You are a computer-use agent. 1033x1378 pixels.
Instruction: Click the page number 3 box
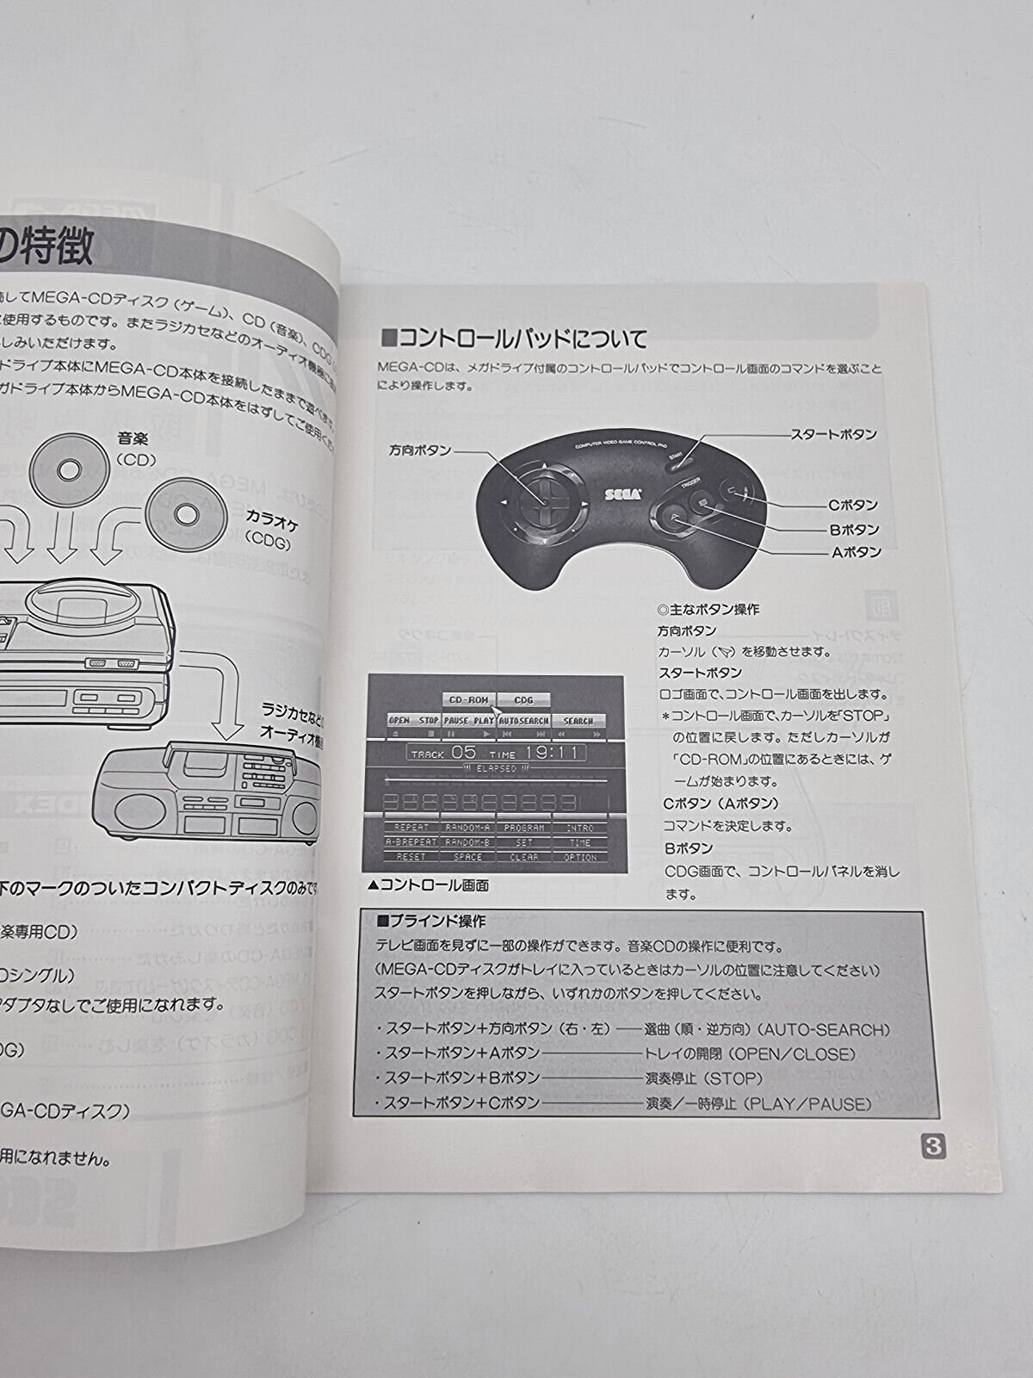click(x=934, y=1148)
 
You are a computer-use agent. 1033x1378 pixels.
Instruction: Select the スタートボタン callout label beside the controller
click(x=834, y=435)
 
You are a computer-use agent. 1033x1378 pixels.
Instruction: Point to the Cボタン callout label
click(x=854, y=505)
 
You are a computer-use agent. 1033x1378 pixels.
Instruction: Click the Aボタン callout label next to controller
click(x=856, y=552)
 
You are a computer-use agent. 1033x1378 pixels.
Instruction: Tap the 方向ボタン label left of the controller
click(x=420, y=450)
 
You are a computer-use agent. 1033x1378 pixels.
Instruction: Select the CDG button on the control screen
click(x=523, y=700)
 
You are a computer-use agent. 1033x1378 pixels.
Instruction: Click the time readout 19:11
click(x=553, y=752)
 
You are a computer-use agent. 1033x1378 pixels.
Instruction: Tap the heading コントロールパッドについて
click(x=515, y=336)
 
